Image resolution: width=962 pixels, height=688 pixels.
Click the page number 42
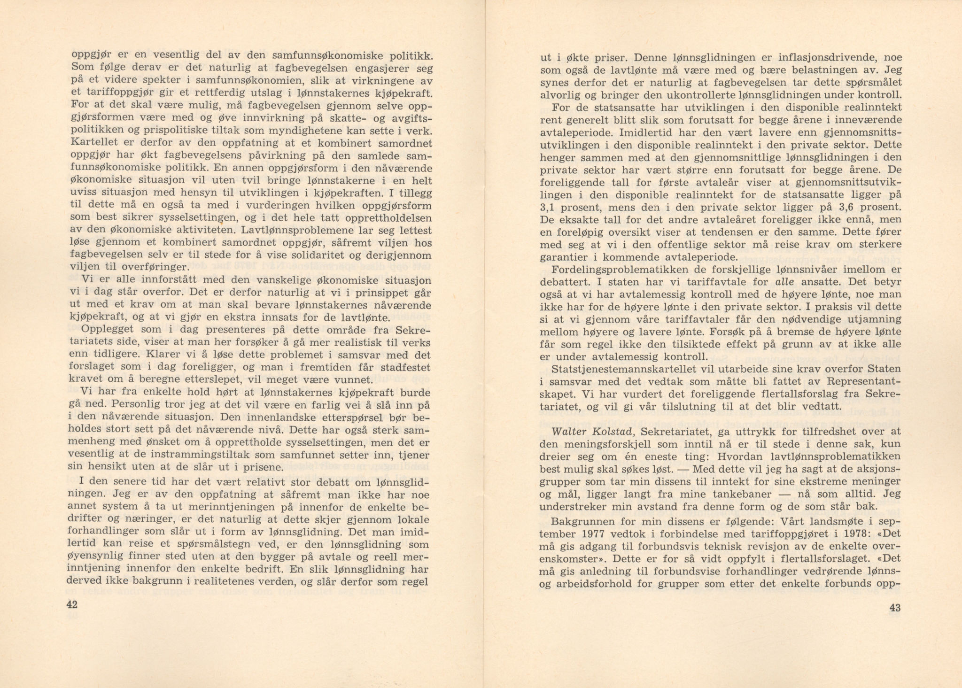(72, 604)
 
